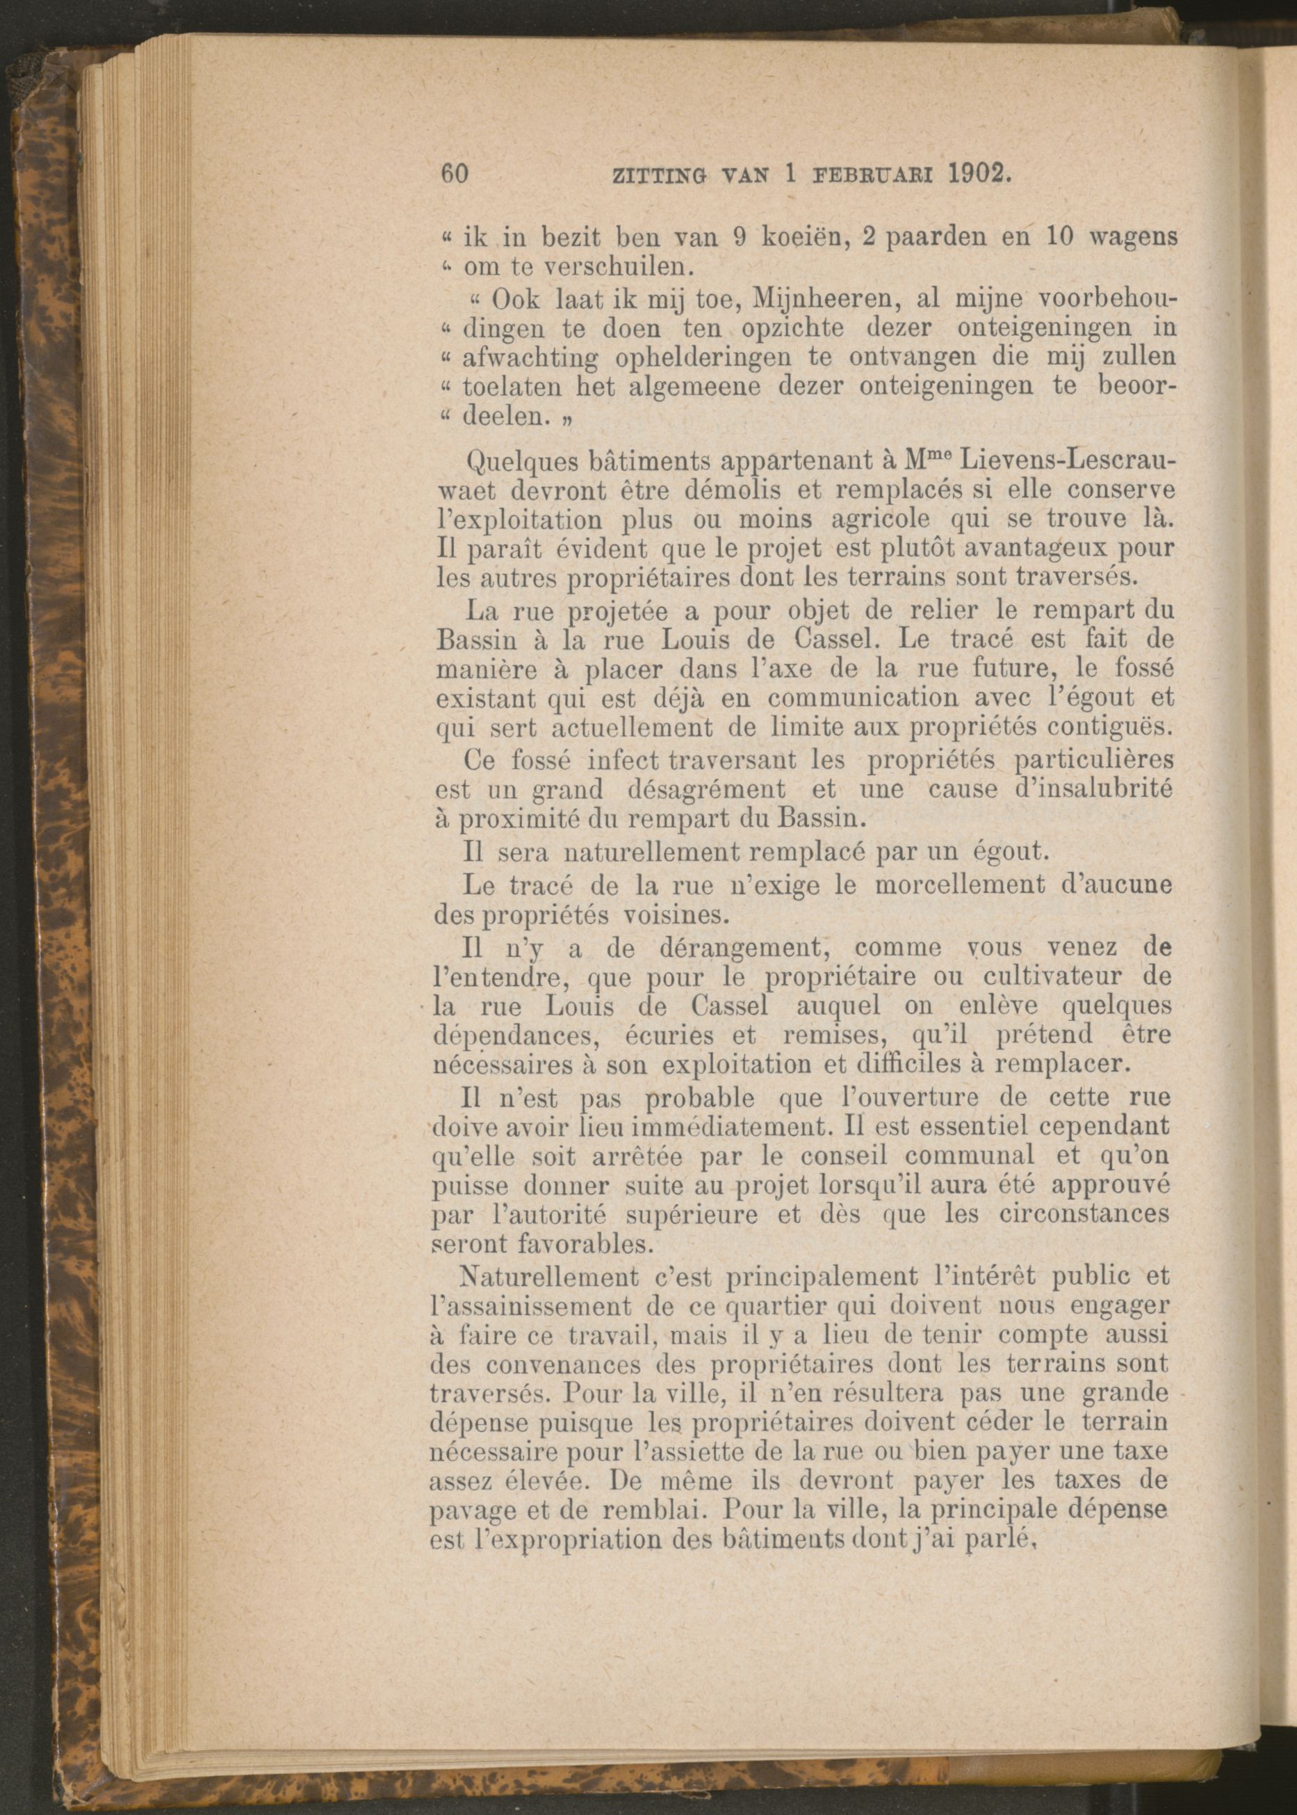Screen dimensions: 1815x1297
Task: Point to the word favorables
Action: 540,1245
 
